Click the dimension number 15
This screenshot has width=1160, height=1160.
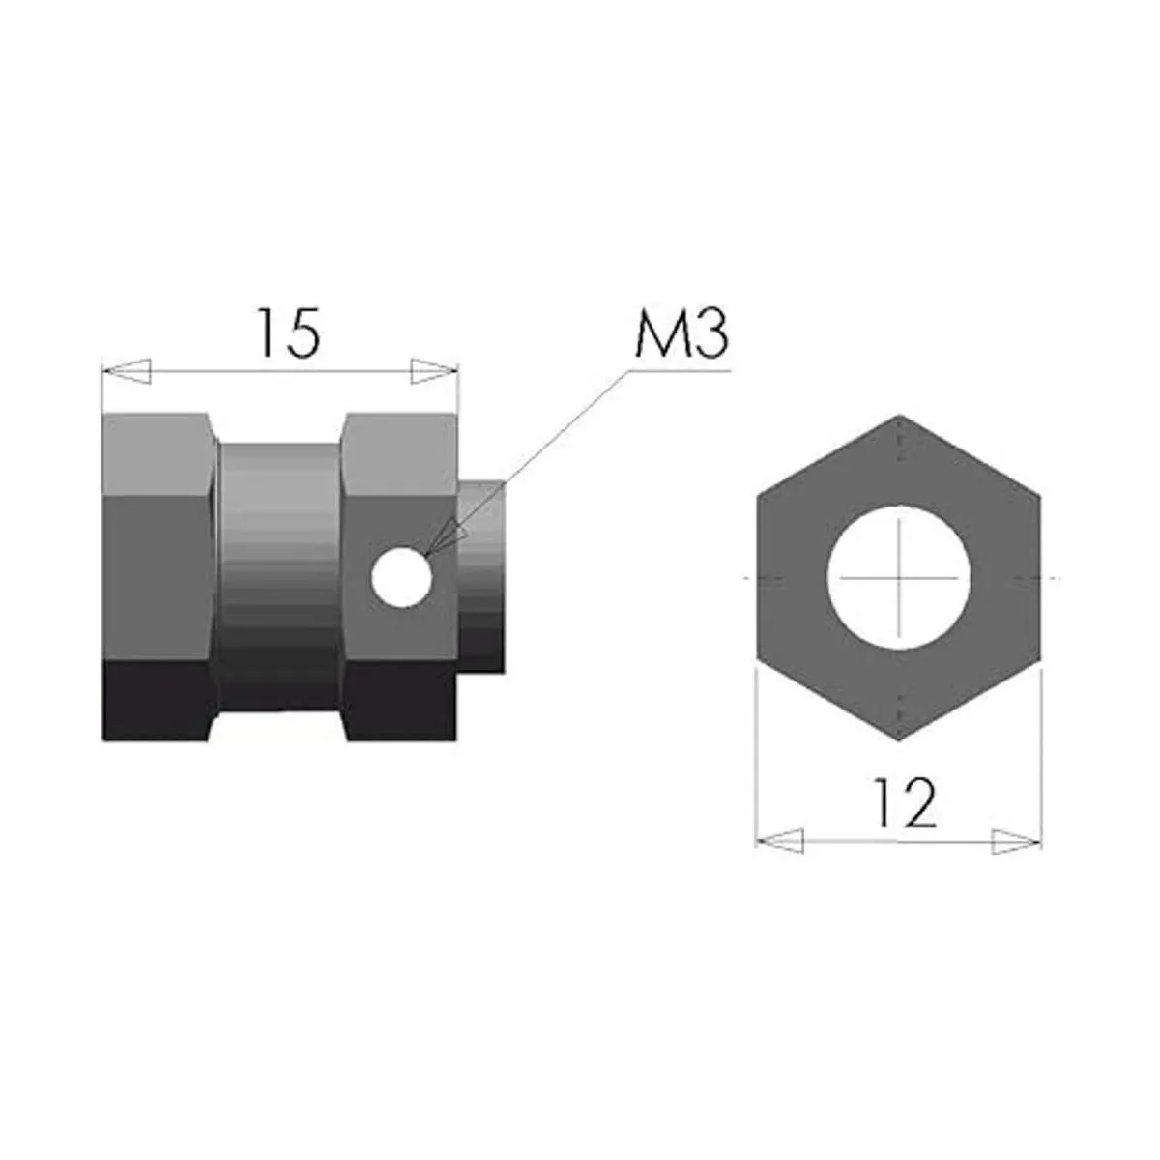[287, 333]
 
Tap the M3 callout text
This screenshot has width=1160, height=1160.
[681, 334]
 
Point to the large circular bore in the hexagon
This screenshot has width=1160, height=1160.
[898, 578]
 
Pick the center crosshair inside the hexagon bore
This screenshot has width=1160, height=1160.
[898, 578]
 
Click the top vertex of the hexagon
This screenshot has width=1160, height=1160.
[899, 417]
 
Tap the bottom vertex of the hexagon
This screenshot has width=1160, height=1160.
[899, 740]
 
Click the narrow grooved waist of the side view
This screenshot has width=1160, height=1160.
[278, 570]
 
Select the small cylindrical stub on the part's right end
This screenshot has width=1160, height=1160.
[480, 578]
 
